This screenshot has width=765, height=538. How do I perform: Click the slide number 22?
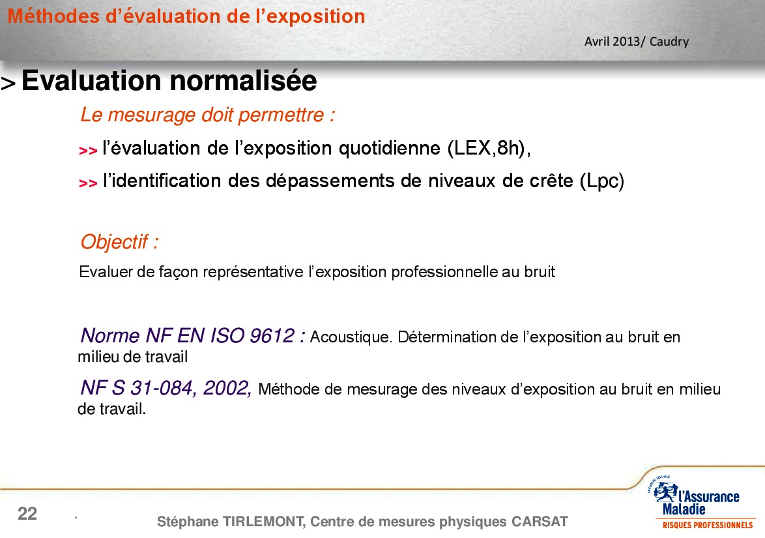pyautogui.click(x=27, y=514)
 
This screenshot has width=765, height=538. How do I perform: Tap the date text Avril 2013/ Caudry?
pyautogui.click(x=636, y=42)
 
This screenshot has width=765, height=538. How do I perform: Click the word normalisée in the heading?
pyautogui.click(x=243, y=81)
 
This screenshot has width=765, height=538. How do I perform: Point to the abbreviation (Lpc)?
pyautogui.click(x=602, y=181)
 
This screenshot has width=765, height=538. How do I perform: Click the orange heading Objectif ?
pyautogui.click(x=119, y=242)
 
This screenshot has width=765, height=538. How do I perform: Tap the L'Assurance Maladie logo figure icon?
pyautogui.click(x=665, y=492)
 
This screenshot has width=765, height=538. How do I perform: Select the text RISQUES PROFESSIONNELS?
pyautogui.click(x=708, y=526)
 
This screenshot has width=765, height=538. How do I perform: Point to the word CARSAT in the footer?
pyautogui.click(x=540, y=522)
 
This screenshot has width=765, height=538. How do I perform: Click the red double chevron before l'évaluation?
pyautogui.click(x=88, y=151)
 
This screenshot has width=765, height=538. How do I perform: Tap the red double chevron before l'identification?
pyautogui.click(x=88, y=183)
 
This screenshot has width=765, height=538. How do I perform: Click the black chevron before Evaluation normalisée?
pyautogui.click(x=8, y=83)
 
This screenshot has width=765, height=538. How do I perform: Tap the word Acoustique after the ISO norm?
pyautogui.click(x=351, y=337)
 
